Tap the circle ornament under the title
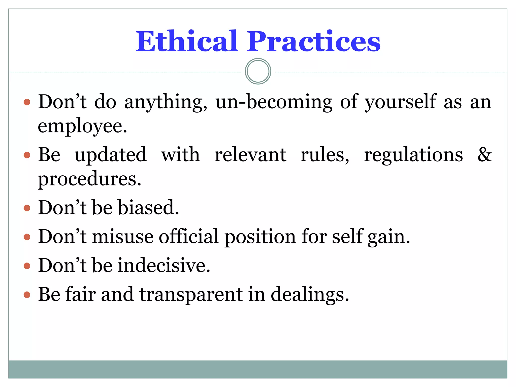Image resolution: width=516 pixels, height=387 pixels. (258, 71)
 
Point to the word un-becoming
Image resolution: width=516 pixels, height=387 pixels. (274, 102)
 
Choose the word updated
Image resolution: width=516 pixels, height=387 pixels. (111, 154)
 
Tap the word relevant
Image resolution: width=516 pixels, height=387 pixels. (250, 154)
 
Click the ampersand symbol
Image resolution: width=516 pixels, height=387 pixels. (485, 154)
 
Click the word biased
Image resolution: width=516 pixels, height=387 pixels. (148, 208)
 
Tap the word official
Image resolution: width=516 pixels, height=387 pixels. (189, 237)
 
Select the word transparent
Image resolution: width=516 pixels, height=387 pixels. (191, 295)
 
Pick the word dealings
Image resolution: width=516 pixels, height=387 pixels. (310, 295)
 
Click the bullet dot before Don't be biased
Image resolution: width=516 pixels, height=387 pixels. (27, 208)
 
